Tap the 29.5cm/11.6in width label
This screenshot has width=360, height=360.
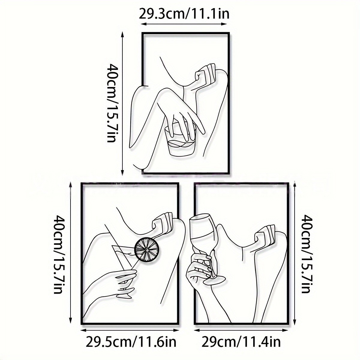[131, 342]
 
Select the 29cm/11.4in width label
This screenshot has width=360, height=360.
[241, 342]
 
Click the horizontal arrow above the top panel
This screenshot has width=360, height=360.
[184, 24]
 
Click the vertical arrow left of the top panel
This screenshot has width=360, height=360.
[123, 104]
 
